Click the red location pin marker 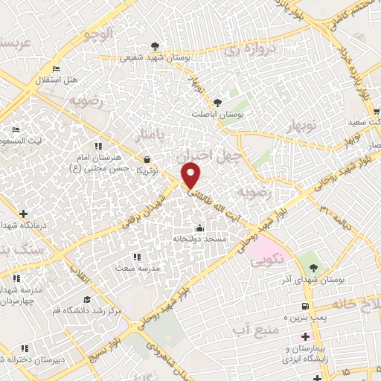pos(191,176)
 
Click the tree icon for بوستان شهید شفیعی pos(155,45)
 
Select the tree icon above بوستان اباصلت pos(217,103)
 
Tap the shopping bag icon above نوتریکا pos(147,159)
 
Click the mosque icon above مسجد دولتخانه pos(199,228)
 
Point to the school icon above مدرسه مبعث pos(135,256)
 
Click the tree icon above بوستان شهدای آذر pos(312,266)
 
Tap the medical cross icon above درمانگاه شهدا pos(23,214)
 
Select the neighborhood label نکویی pos(266,262)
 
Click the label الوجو pos(98,33)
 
